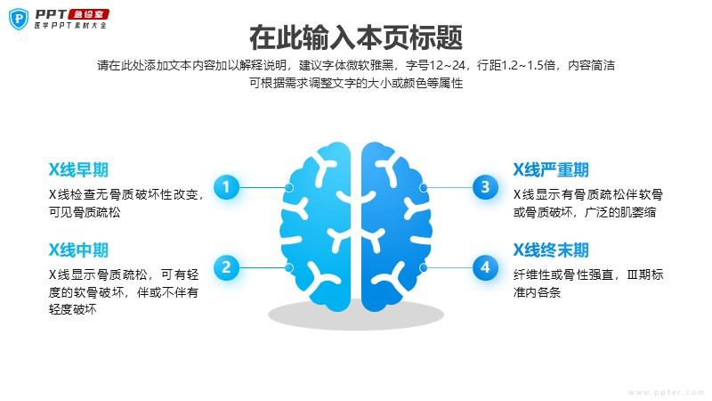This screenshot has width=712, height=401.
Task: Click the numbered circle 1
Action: coord(226,187)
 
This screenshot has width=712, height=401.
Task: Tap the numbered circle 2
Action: coord(226,267)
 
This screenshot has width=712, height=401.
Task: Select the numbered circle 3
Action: coord(485,187)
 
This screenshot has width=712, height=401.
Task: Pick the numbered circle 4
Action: coord(485,267)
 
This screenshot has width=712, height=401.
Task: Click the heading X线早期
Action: coord(78,169)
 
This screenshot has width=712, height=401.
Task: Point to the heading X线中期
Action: coord(78,250)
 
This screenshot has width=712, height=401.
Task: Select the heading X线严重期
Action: coord(551,169)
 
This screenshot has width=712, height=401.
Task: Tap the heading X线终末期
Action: coord(551,250)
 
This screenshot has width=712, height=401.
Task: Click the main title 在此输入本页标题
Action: coord(356,37)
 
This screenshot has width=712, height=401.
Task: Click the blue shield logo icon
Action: coord(19,19)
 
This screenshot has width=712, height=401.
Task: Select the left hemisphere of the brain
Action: coord(316,226)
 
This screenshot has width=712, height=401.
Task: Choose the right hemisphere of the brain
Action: coord(396,226)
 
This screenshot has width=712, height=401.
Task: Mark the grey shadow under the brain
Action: coord(356,315)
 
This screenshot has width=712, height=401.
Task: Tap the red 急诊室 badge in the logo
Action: coord(88,14)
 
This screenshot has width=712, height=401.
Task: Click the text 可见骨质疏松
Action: coord(85,212)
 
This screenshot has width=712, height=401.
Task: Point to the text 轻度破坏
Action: coord(73,309)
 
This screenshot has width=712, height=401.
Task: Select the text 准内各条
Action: coord(538,292)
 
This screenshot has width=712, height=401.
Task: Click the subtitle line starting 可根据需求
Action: coord(356,83)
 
